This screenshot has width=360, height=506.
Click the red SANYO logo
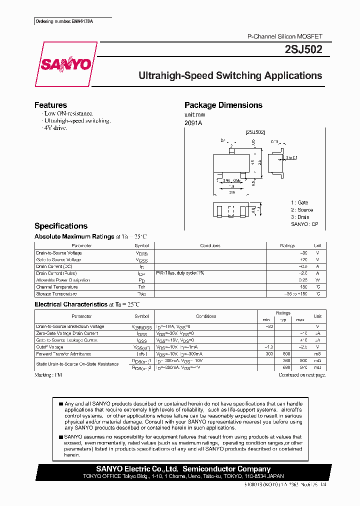pyautogui.click(x=65, y=64)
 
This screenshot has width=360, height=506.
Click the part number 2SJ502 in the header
pyautogui.click(x=306, y=49)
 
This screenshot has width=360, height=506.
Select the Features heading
pyautogui.click(x=50, y=105)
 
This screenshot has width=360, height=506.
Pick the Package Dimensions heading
pyautogui.click(x=223, y=105)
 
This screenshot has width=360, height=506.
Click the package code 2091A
pyautogui.click(x=193, y=123)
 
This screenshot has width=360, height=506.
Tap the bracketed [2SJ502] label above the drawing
pyautogui.click(x=255, y=132)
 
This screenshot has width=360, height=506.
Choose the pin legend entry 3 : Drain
pyautogui.click(x=301, y=217)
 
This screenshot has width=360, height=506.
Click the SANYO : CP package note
pyautogui.click(x=304, y=224)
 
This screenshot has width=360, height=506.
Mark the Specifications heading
pyautogui.click(x=61, y=226)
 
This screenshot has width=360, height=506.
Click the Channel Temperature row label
pyautogui.click(x=57, y=287)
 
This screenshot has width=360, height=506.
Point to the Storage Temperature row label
pyautogui.click(x=56, y=294)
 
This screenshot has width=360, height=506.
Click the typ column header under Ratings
pyautogui.click(x=283, y=319)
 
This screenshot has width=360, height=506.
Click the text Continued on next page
pyautogui.click(x=301, y=374)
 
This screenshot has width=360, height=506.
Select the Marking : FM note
pyautogui.click(x=48, y=374)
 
